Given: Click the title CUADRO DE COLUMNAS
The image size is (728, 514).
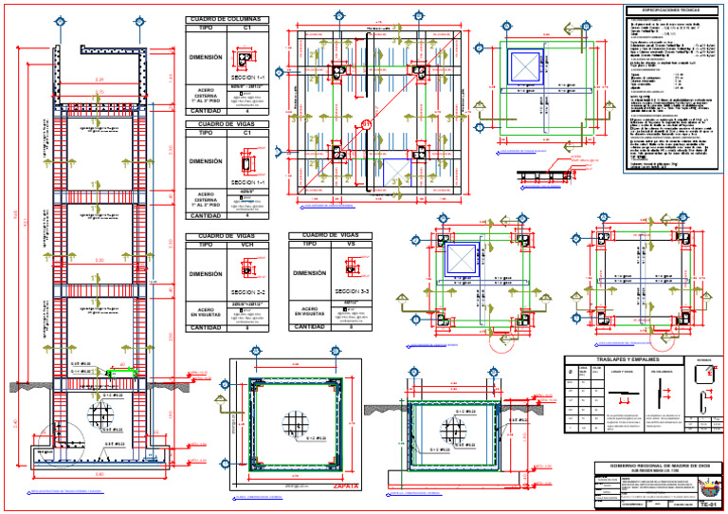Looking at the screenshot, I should coord(227,19).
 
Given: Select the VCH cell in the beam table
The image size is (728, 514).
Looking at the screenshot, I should coord(246,244).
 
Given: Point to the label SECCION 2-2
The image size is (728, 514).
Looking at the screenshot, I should coord(247,291).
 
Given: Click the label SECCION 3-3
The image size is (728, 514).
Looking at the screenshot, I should coord(352,291).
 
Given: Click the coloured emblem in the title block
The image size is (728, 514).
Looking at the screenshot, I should coord(707,486).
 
